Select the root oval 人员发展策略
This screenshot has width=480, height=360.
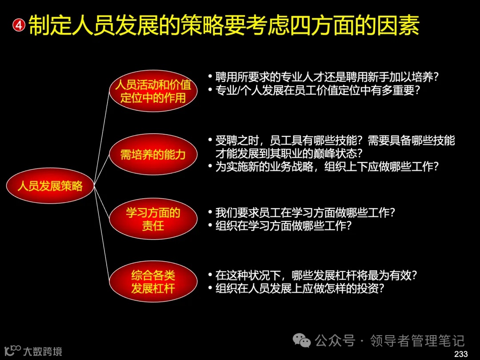tap(50, 186)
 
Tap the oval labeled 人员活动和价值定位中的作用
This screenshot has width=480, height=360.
tap(153, 91)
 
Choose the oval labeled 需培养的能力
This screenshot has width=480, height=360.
tap(153, 155)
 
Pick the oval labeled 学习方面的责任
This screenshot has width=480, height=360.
tap(153, 219)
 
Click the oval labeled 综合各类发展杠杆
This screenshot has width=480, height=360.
tap(153, 282)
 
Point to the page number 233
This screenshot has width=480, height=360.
tap(461, 354)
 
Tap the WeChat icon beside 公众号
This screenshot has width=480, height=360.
tap(304, 341)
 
